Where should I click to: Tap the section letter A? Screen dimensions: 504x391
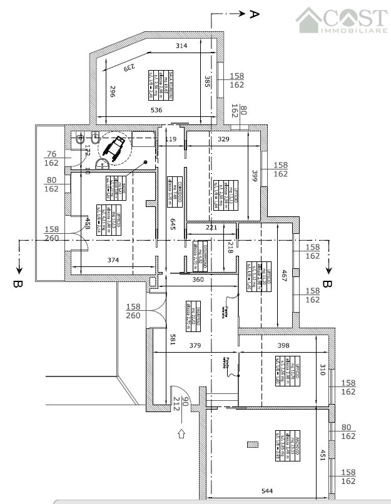[x=254, y=14]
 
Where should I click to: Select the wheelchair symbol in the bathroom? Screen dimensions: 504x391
[x=114, y=148]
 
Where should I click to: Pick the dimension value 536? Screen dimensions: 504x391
[x=156, y=110]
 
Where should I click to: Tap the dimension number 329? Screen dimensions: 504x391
[x=223, y=139]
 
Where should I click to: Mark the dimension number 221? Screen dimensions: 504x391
[x=211, y=228]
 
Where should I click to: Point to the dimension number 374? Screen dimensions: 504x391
[x=113, y=260]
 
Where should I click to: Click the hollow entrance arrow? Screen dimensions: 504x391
[x=181, y=432]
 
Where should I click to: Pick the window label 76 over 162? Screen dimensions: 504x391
[x=52, y=158]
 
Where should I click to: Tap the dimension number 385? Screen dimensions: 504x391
[x=206, y=82]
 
